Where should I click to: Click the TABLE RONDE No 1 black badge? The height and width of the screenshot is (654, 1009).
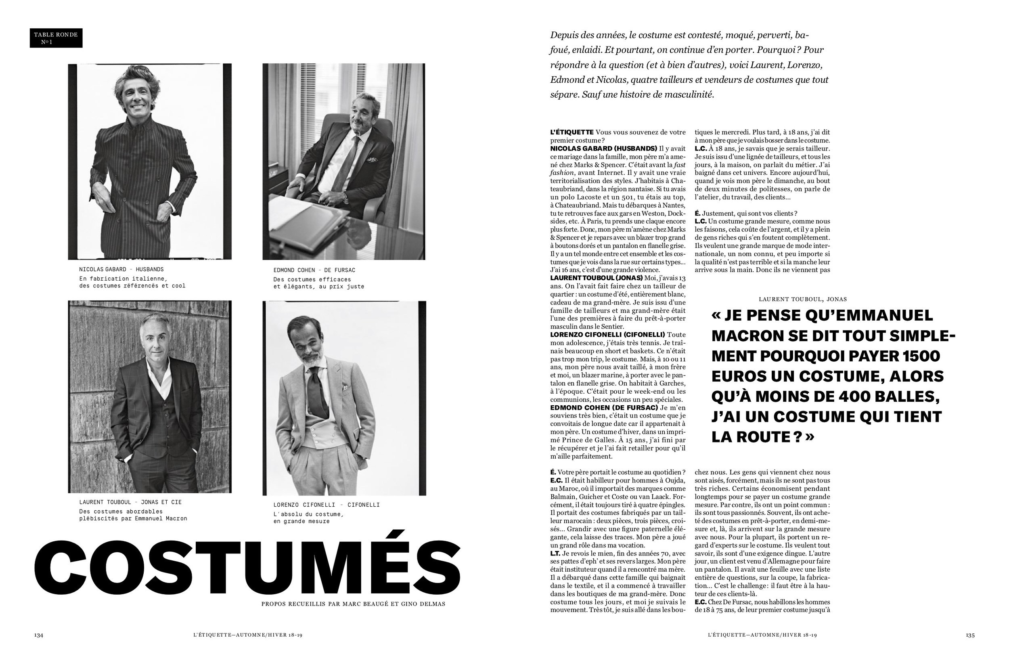point(56,38)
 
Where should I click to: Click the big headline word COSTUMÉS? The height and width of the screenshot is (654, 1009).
point(247,568)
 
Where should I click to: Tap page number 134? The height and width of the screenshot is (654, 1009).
point(39,635)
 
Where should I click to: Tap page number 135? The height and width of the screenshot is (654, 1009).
point(970,635)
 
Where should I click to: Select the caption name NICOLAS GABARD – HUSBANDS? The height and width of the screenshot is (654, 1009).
point(121,269)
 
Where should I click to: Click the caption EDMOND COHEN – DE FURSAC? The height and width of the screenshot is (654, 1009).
point(314,270)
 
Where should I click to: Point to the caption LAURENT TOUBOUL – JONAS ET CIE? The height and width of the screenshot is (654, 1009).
point(130,502)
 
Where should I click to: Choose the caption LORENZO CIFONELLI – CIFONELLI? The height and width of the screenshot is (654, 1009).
point(327,505)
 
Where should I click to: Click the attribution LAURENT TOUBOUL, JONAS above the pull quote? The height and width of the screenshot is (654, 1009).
point(802,299)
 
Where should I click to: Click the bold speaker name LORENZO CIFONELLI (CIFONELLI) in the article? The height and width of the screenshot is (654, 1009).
point(607,335)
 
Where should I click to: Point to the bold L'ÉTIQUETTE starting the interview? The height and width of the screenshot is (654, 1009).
point(571,132)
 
